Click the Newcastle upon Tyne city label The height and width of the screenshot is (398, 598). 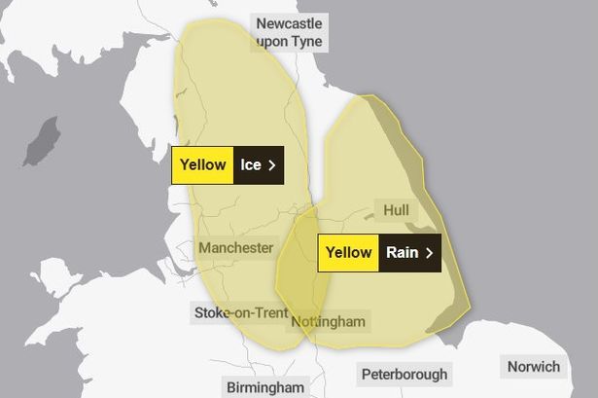(289, 32)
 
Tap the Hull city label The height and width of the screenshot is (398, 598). (396, 210)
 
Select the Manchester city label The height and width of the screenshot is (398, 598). (235, 248)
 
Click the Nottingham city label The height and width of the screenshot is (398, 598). (327, 322)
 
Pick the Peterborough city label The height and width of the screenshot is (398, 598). (405, 374)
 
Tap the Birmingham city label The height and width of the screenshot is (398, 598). (265, 386)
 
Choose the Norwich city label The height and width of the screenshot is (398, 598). (533, 367)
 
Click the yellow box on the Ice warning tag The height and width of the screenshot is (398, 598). (202, 165)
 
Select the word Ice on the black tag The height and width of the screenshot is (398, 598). (251, 165)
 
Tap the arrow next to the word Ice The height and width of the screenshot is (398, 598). (271, 165)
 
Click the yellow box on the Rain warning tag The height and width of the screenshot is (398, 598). (348, 253)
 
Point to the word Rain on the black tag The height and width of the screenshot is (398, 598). (402, 253)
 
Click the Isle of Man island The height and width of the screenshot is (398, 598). (40, 143)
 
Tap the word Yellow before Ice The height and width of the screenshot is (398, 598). (202, 165)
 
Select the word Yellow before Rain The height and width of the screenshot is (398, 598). (348, 253)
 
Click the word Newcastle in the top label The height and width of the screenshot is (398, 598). (289, 22)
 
